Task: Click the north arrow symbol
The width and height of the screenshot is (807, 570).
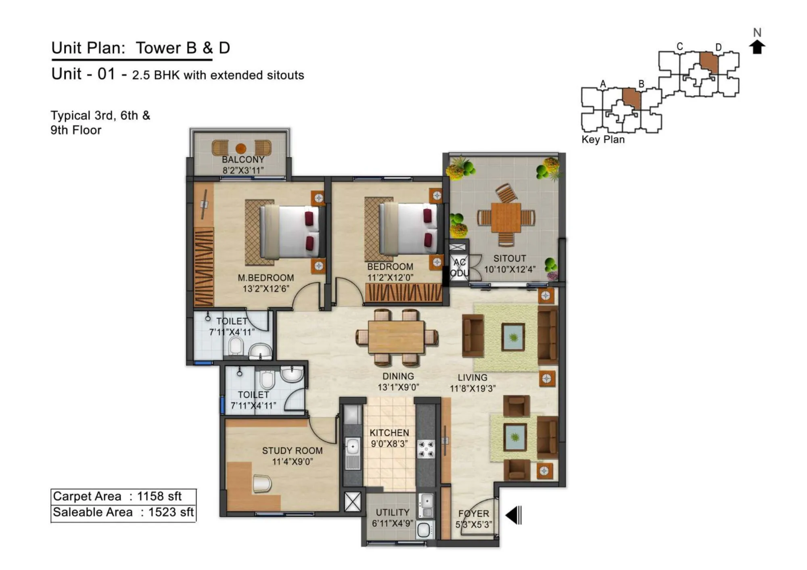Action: [757, 47]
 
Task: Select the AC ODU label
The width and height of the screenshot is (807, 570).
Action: [459, 268]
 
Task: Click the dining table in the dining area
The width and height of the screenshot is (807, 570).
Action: [396, 337]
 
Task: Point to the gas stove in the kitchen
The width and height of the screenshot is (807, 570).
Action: [426, 449]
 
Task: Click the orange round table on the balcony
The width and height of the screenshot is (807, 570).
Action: [241, 148]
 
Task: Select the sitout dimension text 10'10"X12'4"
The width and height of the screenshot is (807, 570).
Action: [510, 269]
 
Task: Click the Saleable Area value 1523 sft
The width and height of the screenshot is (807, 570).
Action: [171, 512]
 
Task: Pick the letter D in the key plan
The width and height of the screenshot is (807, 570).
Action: [718, 47]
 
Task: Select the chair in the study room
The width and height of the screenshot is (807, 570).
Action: [262, 483]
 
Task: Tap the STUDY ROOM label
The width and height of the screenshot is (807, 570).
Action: [292, 451]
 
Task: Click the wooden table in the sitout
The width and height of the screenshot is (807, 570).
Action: [506, 217]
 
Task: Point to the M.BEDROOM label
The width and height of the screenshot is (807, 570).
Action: [266, 278]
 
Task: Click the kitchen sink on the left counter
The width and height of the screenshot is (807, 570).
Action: [353, 447]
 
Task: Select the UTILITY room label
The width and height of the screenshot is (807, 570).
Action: [392, 512]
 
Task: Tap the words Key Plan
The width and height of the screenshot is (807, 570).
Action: [603, 140]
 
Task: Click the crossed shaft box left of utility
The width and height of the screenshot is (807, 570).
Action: [352, 502]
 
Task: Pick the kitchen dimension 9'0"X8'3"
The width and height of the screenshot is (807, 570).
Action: [389, 444]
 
